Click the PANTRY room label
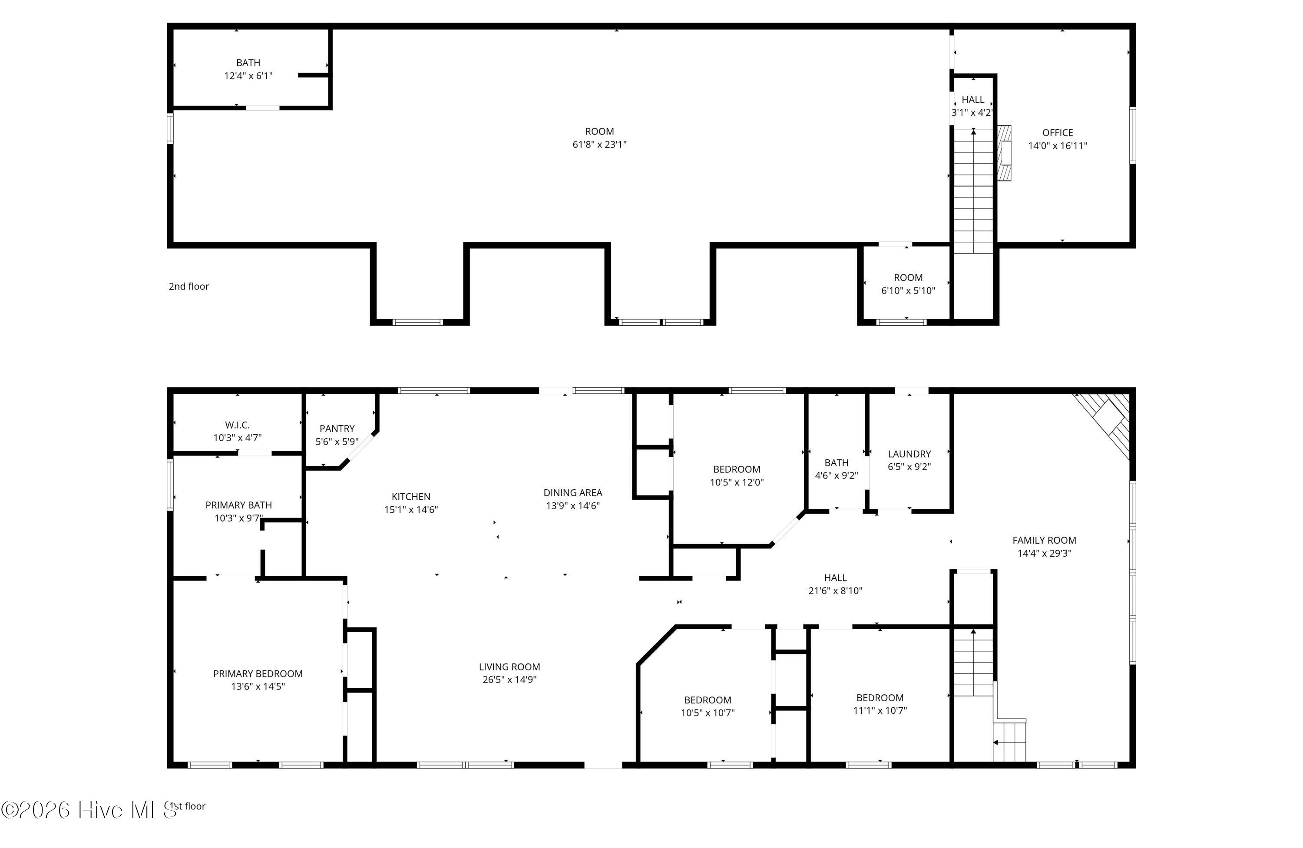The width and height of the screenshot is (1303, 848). click(337, 429)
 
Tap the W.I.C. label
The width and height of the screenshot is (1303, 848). click(238, 425)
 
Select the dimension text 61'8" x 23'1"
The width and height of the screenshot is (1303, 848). click(599, 145)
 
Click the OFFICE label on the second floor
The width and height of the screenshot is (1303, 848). click(1058, 132)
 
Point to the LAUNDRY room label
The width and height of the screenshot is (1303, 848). click(909, 454)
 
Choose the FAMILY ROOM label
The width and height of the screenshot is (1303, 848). click(1045, 540)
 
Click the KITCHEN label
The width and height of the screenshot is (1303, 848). click(411, 497)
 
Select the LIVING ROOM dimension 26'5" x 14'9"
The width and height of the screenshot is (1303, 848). click(510, 680)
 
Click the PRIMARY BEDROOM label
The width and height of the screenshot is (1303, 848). click(258, 673)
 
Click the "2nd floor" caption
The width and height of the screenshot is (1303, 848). click(189, 286)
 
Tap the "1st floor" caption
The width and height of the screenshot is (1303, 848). click(189, 806)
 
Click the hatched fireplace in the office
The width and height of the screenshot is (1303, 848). click(1004, 153)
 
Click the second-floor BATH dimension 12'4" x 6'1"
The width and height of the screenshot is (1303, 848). click(248, 76)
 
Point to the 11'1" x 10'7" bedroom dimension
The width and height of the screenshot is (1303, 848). click(880, 711)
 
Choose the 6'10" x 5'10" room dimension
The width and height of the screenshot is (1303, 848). click(908, 290)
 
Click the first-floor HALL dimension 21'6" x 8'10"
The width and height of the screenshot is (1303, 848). click(836, 591)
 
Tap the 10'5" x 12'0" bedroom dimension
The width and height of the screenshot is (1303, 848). click(737, 482)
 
